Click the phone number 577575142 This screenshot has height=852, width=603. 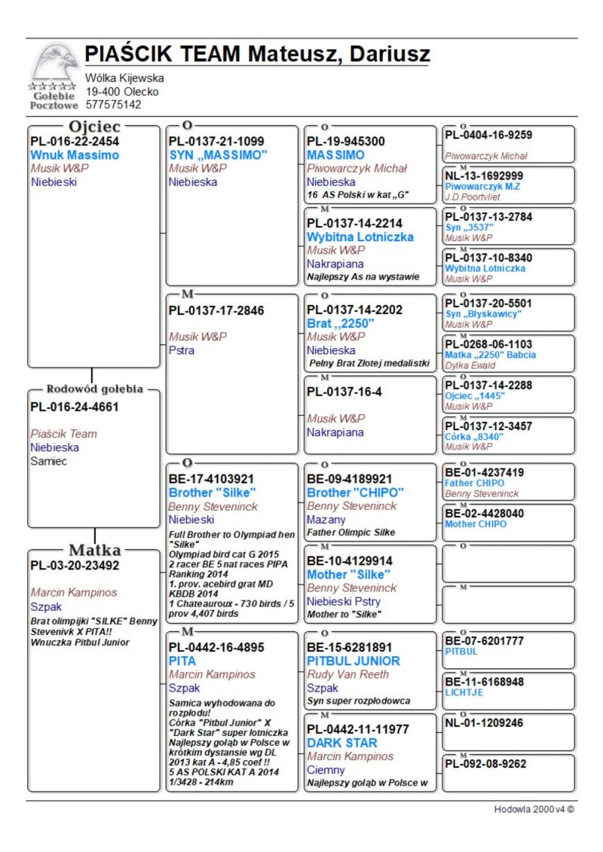coord(113,105)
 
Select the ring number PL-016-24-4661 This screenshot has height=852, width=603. coord(75,408)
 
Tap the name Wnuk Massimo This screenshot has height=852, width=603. coord(75,155)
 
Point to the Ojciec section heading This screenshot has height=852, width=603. coord(94,127)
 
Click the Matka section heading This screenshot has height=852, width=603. coord(94,549)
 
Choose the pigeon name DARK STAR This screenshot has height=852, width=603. coord(342,743)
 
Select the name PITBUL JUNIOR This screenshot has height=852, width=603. coord(354,661)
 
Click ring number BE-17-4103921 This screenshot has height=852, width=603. coord(211,479)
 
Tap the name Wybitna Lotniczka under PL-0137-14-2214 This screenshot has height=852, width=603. coord(360,237)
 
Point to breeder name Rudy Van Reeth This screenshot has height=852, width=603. coord(347,674)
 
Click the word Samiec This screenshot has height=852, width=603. coord(48,461)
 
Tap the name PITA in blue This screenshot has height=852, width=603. coord(182,661)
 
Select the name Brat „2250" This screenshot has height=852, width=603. coord(341,323)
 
